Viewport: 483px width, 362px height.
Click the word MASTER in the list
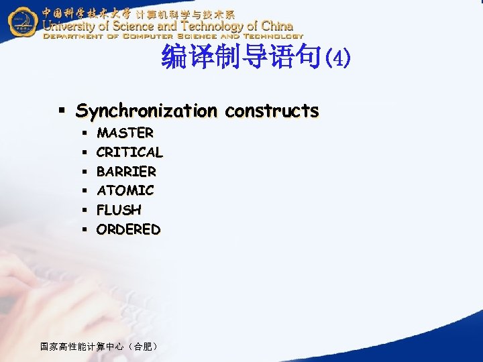coord(125,133)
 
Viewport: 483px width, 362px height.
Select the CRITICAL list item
coord(129,152)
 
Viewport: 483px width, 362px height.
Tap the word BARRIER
coord(126,172)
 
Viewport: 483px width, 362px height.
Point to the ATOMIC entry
coord(125,190)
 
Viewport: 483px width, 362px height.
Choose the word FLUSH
coord(119,210)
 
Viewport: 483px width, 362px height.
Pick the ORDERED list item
coord(128,229)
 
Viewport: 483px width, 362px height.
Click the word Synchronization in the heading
coord(147,110)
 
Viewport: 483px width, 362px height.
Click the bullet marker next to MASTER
coord(85,133)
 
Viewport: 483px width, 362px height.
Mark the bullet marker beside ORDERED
coord(85,230)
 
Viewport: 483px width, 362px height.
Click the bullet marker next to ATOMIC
coord(85,191)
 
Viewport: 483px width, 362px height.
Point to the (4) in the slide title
coord(337,58)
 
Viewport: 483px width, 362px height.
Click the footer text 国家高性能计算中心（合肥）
coord(99,347)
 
